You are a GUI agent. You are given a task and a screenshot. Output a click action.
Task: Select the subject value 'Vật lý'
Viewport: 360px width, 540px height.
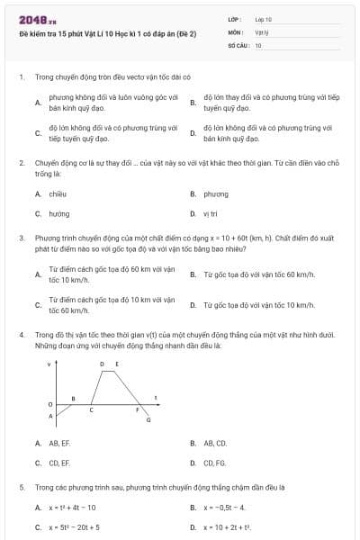[x=261, y=31]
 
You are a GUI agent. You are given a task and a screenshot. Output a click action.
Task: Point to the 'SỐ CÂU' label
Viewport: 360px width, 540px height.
[x=238, y=44]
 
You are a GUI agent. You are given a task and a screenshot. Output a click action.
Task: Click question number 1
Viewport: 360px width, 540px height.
[x=21, y=77]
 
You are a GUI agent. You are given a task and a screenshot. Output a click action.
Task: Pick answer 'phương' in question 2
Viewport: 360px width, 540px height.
[x=215, y=193]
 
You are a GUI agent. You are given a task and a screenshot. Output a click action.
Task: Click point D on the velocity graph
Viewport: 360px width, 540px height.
[x=102, y=364]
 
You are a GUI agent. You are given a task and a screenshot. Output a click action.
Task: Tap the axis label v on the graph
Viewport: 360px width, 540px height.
[x=49, y=364]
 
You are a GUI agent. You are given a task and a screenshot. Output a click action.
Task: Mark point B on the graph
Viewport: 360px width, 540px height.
[x=73, y=398]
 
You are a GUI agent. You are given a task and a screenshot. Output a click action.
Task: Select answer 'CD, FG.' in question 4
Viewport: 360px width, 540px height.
[x=215, y=463]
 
